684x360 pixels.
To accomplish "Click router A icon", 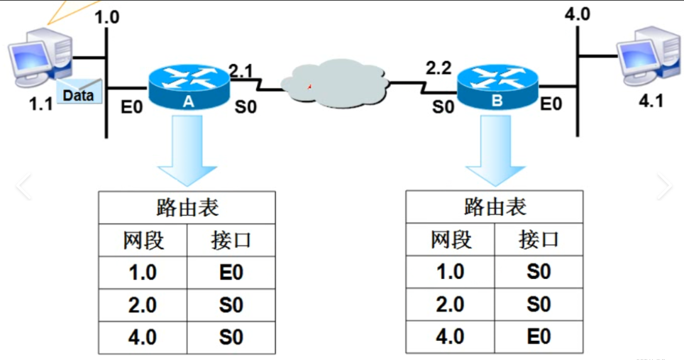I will (189, 87).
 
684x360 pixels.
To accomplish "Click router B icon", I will (497, 87).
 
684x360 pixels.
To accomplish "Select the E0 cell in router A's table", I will (231, 273).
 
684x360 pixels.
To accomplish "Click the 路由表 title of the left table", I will (187, 208).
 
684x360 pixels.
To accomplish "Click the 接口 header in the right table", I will (539, 240).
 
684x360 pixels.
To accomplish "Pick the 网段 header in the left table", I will (143, 241).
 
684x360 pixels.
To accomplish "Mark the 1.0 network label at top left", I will (107, 17).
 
